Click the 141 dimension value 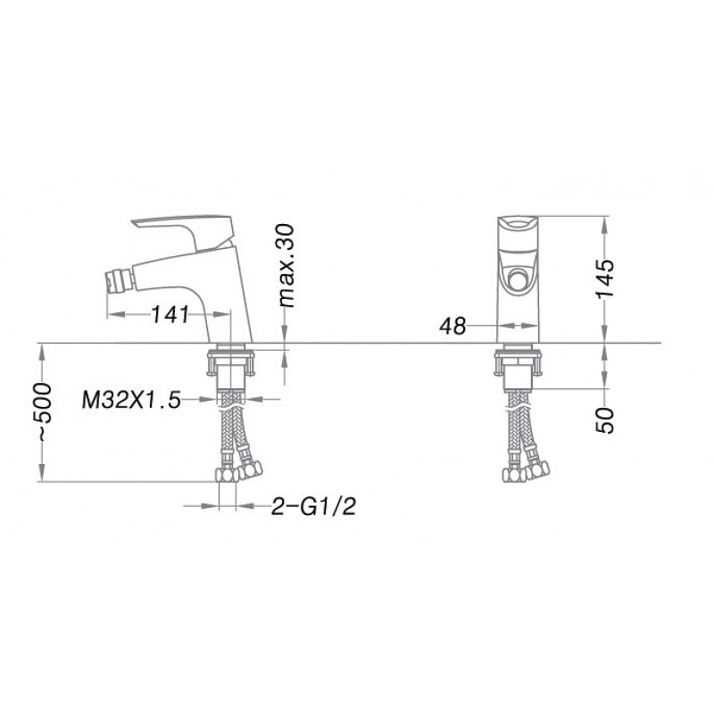pyautogui.click(x=170, y=314)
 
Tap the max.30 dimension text pyautogui.click(x=286, y=265)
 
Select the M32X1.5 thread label pyautogui.click(x=131, y=400)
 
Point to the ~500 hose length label pyautogui.click(x=44, y=411)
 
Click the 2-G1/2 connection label pyautogui.click(x=313, y=506)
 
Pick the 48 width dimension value pyautogui.click(x=452, y=326)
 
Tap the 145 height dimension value pyautogui.click(x=605, y=278)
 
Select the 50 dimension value pyautogui.click(x=605, y=420)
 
